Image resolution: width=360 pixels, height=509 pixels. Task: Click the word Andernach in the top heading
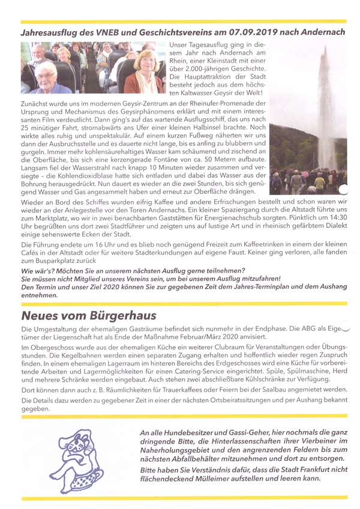click(x=317, y=29)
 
